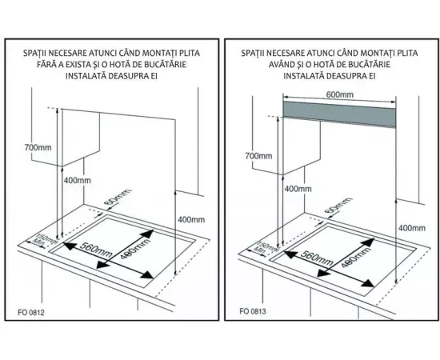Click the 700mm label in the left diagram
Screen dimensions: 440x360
click(38, 147)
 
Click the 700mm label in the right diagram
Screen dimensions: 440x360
click(258, 156)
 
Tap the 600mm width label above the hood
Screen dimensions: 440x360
click(339, 94)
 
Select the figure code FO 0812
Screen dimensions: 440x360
click(31, 312)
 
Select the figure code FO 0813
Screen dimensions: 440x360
click(253, 311)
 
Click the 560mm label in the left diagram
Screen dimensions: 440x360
click(96, 250)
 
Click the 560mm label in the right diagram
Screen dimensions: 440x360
click(317, 258)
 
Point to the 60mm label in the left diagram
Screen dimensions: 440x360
click(118, 198)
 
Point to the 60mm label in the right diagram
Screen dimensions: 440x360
click(338, 206)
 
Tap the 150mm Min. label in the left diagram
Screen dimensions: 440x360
click(42, 239)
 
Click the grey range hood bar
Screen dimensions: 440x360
click(339, 114)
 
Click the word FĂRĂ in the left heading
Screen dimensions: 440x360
click(46, 65)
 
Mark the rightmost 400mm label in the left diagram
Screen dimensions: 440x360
click(191, 220)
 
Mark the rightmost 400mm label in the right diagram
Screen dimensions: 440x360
click(412, 228)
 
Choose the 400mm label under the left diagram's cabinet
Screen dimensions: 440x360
click(77, 181)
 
